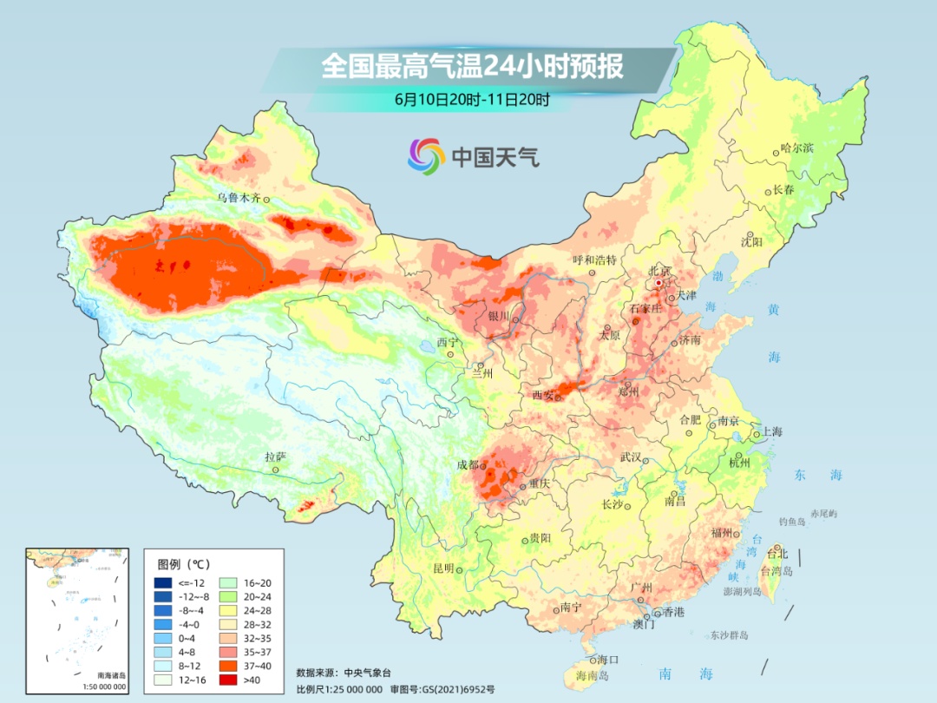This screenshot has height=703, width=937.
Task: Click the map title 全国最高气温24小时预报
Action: click(x=472, y=66)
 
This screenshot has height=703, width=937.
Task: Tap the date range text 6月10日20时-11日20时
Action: click(x=472, y=99)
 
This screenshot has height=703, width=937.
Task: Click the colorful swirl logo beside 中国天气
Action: click(x=426, y=156)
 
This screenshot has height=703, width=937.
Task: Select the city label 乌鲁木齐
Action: click(x=239, y=198)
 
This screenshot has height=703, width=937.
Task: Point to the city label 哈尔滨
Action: click(x=797, y=148)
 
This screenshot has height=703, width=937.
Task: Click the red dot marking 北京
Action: click(x=659, y=282)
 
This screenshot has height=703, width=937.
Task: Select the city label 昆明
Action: click(x=443, y=568)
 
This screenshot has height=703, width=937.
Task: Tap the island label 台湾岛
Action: click(x=776, y=571)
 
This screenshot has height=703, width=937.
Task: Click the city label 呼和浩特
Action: click(x=594, y=260)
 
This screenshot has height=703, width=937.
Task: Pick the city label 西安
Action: click(x=542, y=396)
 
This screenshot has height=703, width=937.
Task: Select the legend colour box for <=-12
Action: click(x=162, y=582)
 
